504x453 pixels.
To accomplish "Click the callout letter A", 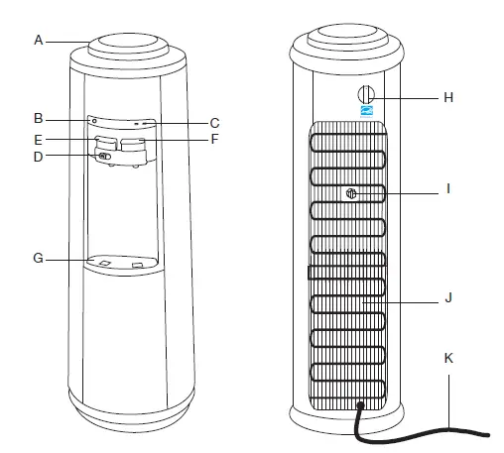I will coord(38,40).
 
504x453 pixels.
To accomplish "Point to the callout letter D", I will coord(38,156).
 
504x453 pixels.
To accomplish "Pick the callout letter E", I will coord(38,139).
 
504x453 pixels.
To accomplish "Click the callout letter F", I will coord(213,139).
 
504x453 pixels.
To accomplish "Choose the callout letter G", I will coord(38,260).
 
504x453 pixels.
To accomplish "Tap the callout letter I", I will coord(448,186).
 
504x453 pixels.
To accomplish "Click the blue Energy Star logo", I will coord(364,113).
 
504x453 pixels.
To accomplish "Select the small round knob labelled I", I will coord(351,193).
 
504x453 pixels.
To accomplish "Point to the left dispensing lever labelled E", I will coord(105,145).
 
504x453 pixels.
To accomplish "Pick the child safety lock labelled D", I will coord(104,156).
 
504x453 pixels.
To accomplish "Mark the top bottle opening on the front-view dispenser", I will coord(127,44).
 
